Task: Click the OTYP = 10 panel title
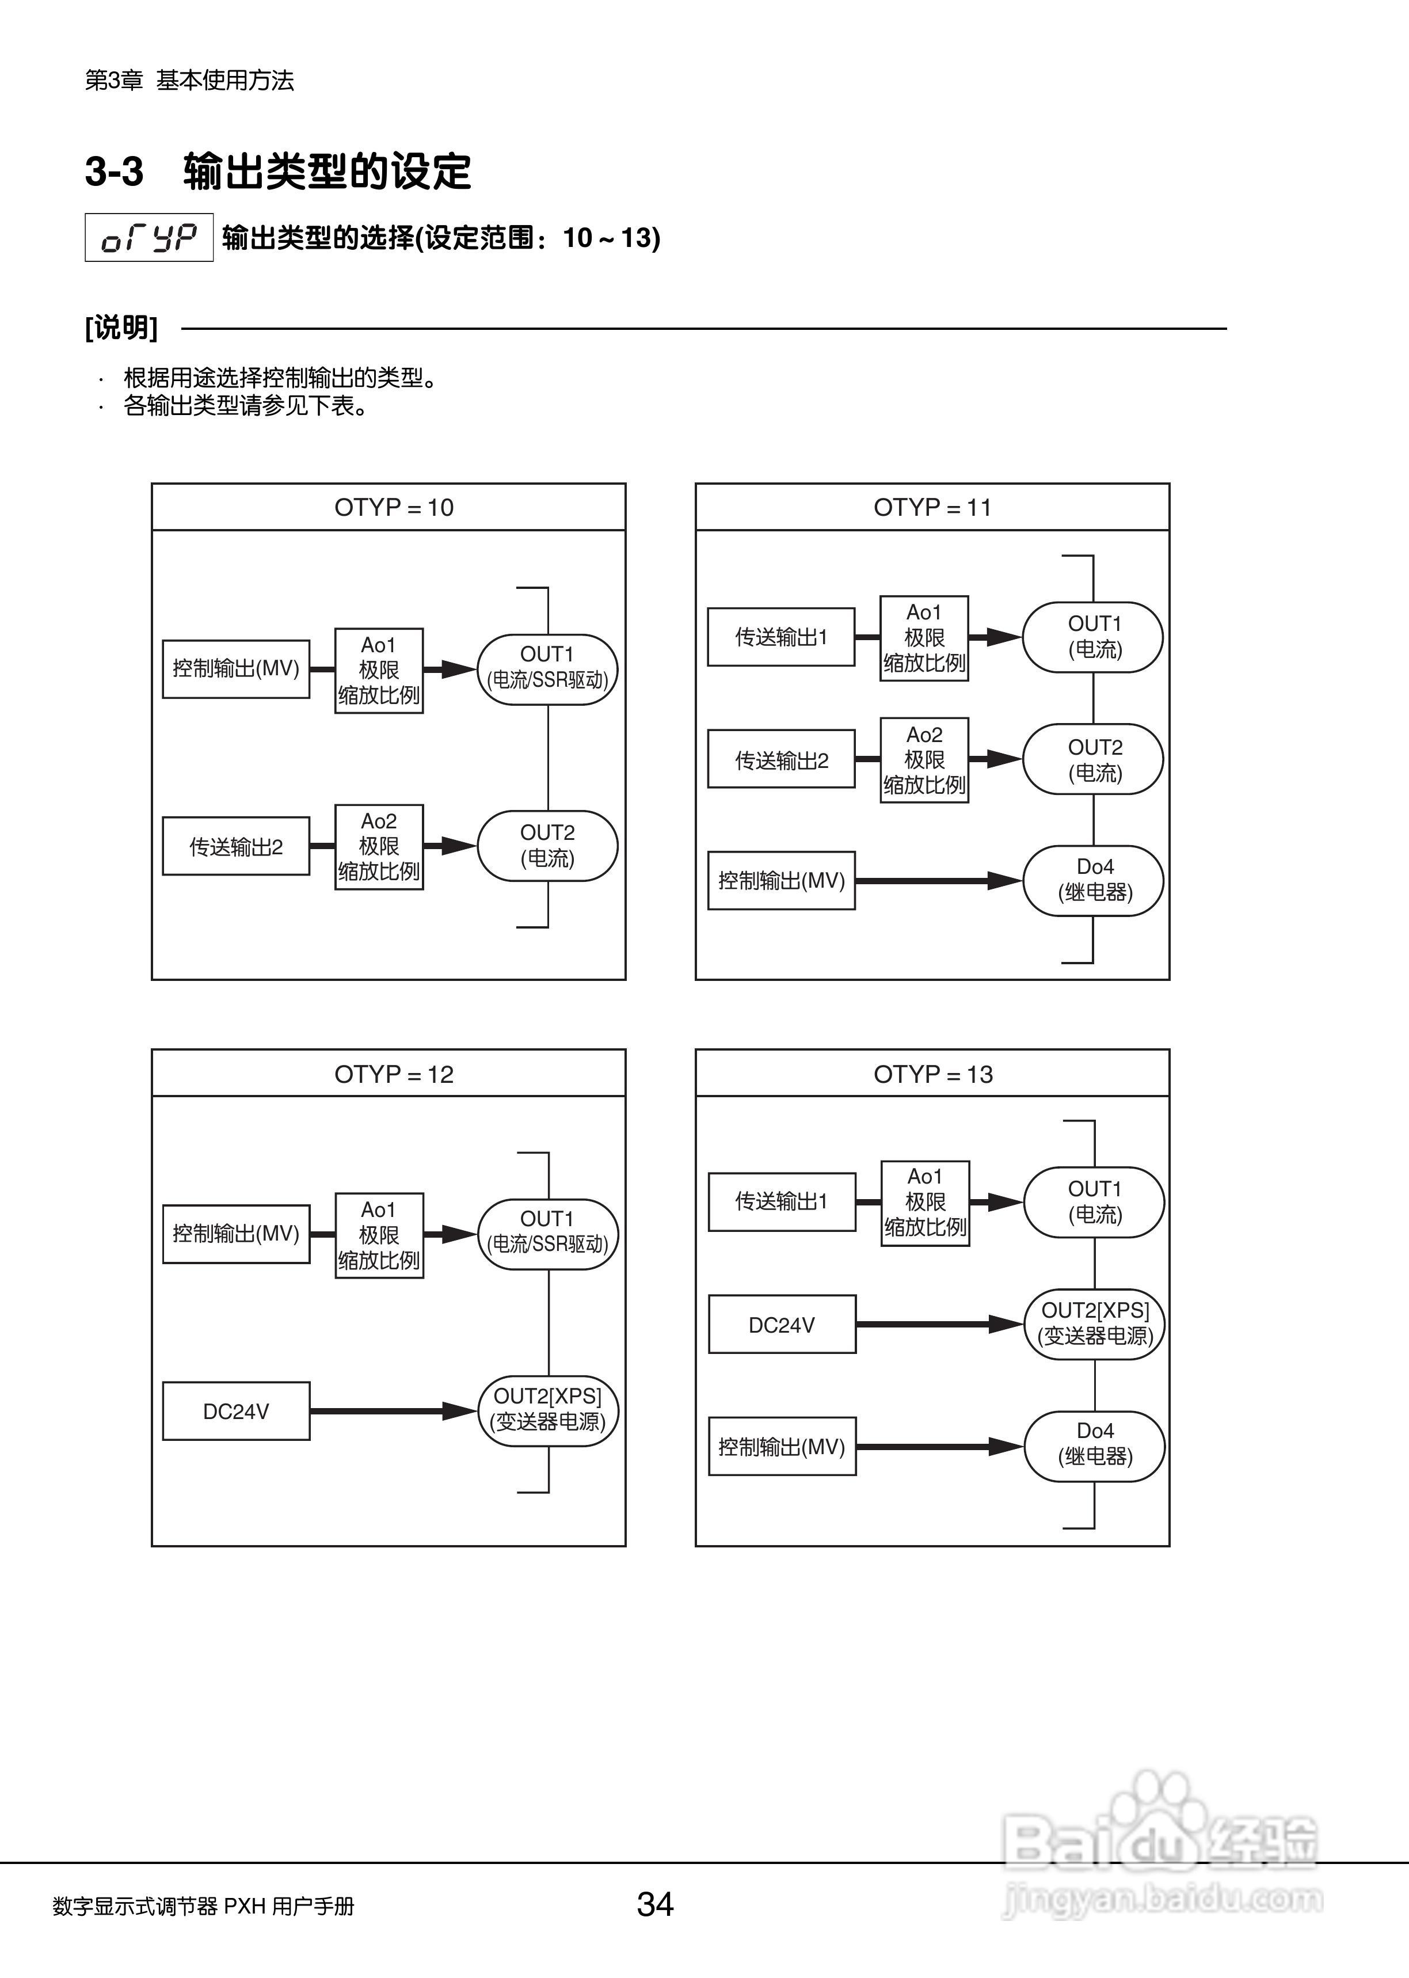(394, 508)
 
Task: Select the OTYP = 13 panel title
(932, 1074)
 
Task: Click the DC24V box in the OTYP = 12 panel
(236, 1412)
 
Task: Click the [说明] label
(121, 328)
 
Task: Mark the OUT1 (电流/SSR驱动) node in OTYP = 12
(547, 1234)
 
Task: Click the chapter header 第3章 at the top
(113, 81)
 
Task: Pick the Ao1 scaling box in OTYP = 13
(925, 1203)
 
